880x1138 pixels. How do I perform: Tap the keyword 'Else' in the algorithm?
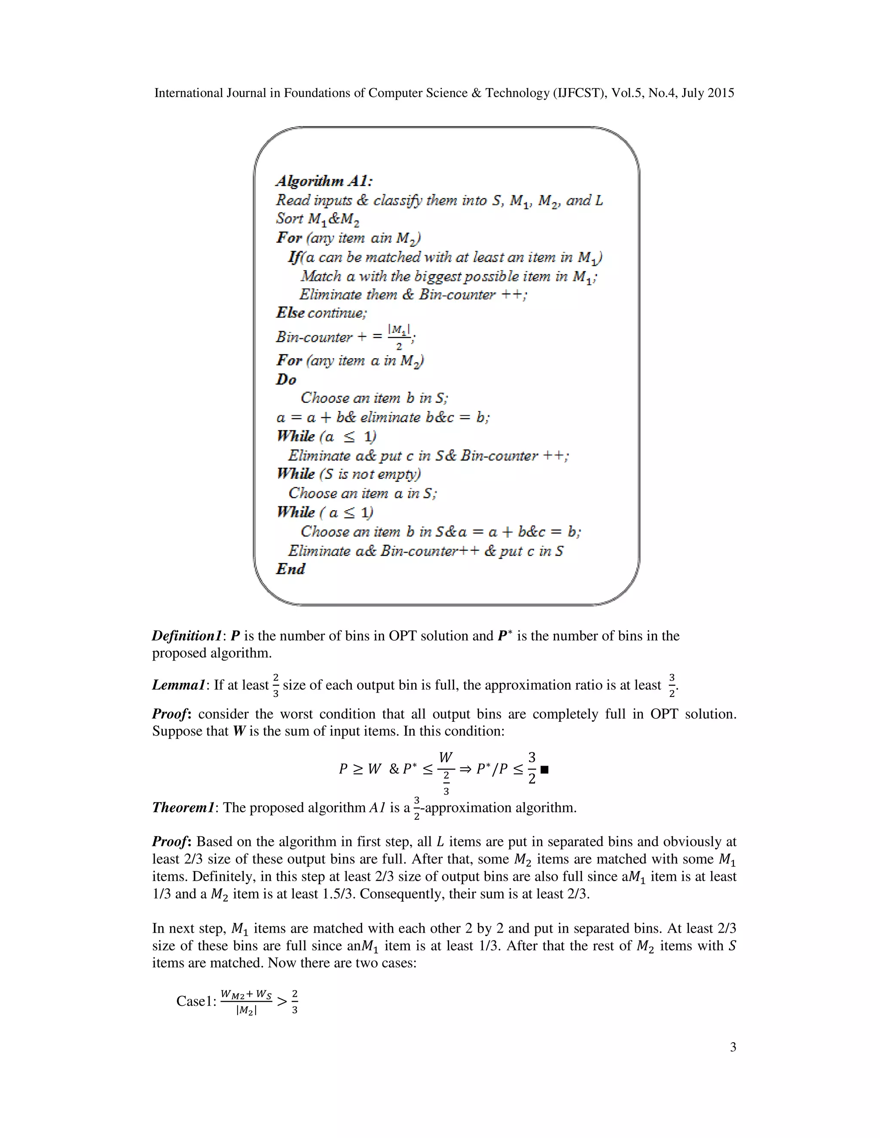[x=290, y=313]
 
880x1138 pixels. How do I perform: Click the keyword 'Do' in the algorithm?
[x=286, y=379]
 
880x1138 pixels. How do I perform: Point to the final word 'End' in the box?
[x=290, y=569]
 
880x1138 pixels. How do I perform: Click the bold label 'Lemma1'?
[x=182, y=685]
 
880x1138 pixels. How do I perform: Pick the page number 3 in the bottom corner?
[x=733, y=1047]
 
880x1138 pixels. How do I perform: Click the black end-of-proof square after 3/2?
[x=545, y=769]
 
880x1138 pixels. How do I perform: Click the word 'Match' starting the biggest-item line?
[x=321, y=276]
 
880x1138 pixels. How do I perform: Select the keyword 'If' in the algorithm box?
[x=294, y=257]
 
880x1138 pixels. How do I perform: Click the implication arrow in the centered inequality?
[x=465, y=769]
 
